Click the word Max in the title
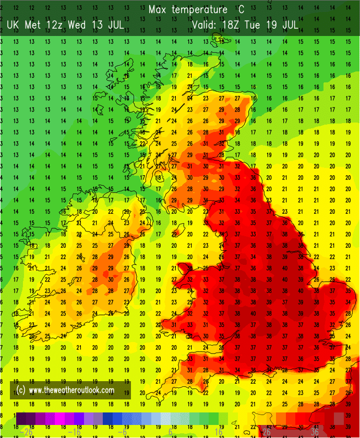click(x=158, y=10)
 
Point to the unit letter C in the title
click(x=241, y=10)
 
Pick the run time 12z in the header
click(x=56, y=25)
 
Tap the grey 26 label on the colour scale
click(x=266, y=432)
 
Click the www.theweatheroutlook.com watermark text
click(x=71, y=390)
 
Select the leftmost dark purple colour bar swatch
click(x=21, y=419)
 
